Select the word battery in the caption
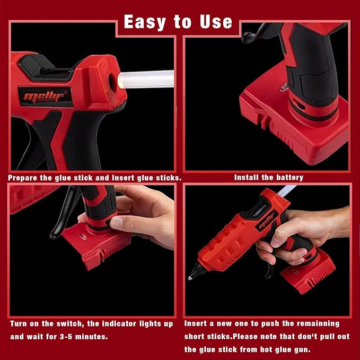288,178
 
